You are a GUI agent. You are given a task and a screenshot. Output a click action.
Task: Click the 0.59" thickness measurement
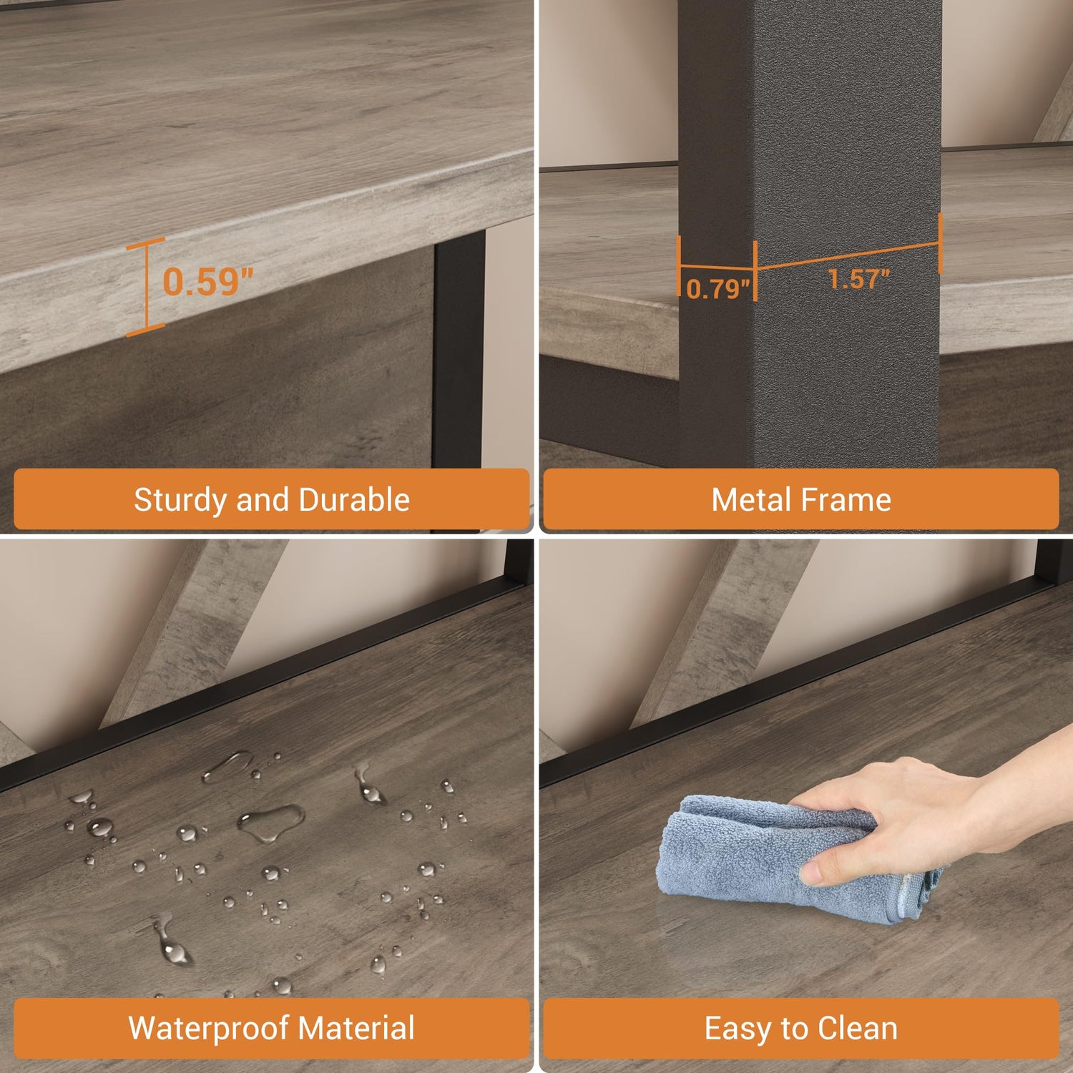click(208, 281)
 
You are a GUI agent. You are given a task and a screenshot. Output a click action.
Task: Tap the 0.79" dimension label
click(717, 289)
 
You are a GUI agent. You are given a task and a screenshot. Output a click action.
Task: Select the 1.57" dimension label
click(858, 279)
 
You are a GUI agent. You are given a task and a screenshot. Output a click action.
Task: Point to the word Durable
click(354, 499)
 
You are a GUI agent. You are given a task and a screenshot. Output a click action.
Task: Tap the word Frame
click(845, 499)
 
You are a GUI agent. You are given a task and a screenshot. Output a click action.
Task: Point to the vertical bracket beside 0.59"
click(146, 286)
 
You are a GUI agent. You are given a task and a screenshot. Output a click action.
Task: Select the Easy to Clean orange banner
click(801, 1029)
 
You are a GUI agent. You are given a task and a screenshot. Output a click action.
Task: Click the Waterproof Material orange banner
click(272, 1029)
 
